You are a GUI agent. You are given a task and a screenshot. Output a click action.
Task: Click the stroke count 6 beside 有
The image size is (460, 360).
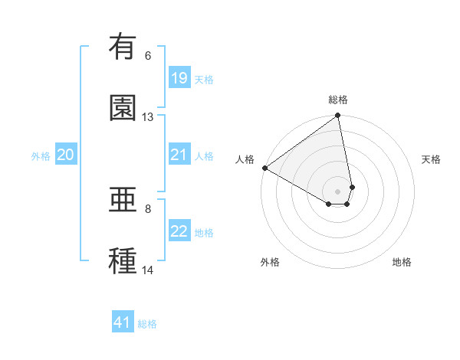click(148, 56)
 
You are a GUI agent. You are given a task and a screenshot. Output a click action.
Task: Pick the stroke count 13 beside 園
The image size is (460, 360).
click(148, 117)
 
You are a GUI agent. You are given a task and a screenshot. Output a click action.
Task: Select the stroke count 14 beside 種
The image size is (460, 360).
click(148, 270)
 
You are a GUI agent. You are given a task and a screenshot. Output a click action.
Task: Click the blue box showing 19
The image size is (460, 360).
click(179, 78)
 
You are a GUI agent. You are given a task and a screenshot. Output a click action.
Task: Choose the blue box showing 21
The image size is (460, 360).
click(179, 155)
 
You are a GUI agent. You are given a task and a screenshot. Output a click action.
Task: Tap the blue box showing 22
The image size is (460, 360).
click(179, 231)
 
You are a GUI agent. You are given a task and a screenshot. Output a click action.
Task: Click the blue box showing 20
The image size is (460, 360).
click(66, 155)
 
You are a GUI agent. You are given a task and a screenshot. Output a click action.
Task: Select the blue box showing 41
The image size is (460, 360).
click(123, 322)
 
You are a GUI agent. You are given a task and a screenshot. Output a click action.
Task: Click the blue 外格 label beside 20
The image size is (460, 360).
click(41, 156)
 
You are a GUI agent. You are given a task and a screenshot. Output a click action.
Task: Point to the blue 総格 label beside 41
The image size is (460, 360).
click(147, 324)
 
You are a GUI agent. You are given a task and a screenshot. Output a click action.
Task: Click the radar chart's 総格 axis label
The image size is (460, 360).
click(338, 100)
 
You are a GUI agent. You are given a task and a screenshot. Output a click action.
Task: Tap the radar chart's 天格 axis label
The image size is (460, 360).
click(431, 159)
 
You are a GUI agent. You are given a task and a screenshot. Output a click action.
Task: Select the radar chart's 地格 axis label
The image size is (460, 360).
click(402, 262)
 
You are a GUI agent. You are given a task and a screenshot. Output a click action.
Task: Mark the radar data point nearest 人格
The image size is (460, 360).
click(264, 168)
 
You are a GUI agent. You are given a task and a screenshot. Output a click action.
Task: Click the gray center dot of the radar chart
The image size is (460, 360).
click(337, 191)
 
